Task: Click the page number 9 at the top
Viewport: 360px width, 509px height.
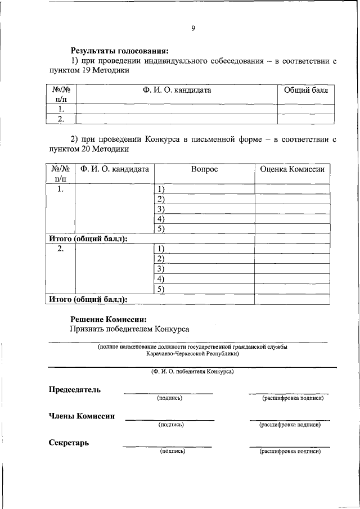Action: coord(192,29)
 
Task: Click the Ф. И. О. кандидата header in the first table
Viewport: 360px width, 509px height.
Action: coord(177,90)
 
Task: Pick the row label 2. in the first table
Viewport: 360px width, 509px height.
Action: coord(61,119)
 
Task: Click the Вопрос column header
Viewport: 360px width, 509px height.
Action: coord(204,169)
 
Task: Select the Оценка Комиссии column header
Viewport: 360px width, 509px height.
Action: coord(292,169)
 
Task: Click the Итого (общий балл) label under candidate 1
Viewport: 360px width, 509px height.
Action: coord(88,238)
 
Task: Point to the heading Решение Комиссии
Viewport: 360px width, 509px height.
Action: coord(109,319)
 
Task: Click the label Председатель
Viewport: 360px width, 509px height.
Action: coord(74,390)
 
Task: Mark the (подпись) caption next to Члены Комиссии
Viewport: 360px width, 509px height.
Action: coord(171,425)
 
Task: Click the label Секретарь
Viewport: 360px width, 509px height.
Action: coord(69,443)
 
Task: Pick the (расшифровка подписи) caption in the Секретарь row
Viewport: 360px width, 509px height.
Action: coord(290,451)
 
